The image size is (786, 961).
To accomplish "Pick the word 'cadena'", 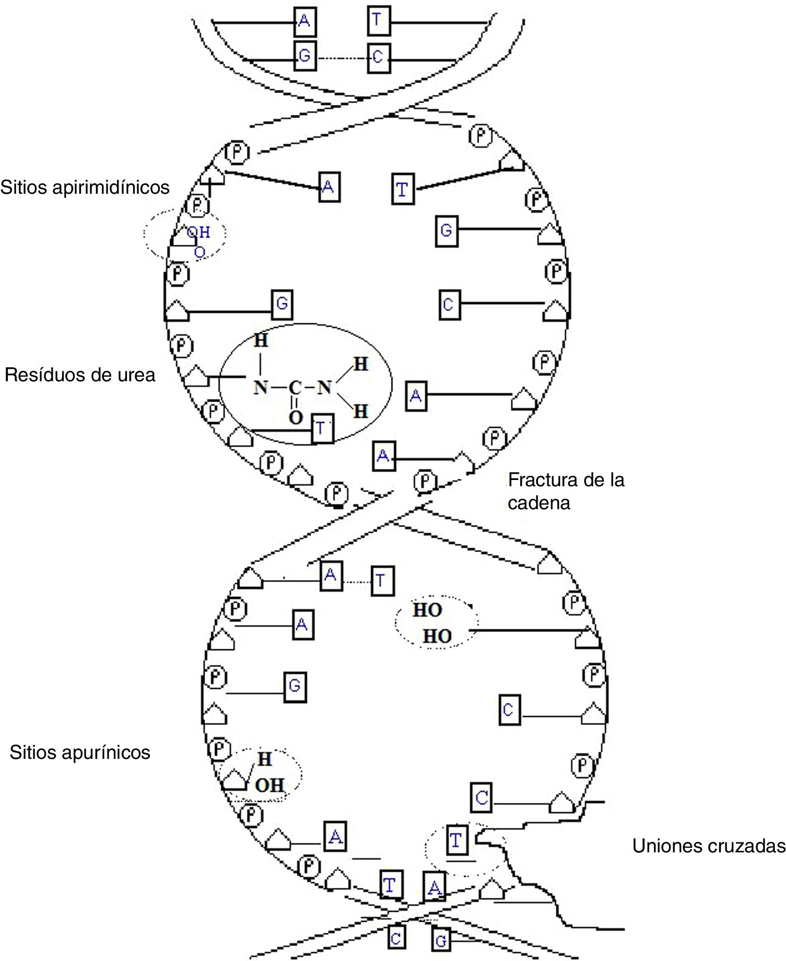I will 539,503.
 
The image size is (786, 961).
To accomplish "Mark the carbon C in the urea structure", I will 295,388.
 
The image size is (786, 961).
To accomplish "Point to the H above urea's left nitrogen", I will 260,341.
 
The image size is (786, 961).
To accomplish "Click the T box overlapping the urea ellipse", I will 322,429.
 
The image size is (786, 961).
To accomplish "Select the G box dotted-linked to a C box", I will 304,55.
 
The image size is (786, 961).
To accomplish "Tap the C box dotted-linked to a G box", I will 378,56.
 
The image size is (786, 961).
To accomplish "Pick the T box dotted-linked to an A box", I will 380,580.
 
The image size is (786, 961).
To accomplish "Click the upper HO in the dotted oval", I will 427,610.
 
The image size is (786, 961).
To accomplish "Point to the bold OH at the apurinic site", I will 269,785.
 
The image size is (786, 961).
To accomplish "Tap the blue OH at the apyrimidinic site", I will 199,232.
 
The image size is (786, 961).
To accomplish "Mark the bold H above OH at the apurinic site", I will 265,759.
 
